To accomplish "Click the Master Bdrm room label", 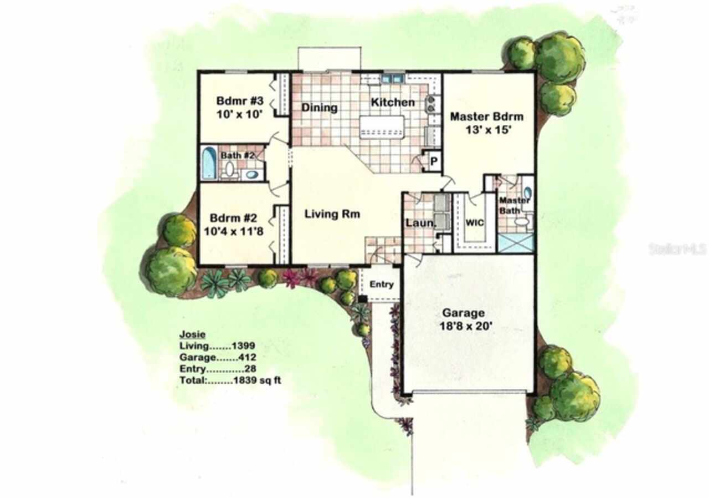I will tap(486, 116).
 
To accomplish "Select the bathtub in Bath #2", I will tap(208, 163).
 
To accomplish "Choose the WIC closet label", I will tap(475, 222).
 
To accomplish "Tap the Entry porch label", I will tap(382, 284).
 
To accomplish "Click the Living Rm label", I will tap(332, 215).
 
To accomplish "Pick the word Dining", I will tap(320, 107).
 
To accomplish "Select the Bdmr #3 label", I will tap(239, 101).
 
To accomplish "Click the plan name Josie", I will tap(192, 334).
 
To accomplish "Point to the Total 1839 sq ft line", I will tap(230, 381).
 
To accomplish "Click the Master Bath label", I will tap(515, 205).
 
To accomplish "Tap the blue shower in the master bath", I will tap(515, 242).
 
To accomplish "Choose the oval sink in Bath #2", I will tap(251, 175).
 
